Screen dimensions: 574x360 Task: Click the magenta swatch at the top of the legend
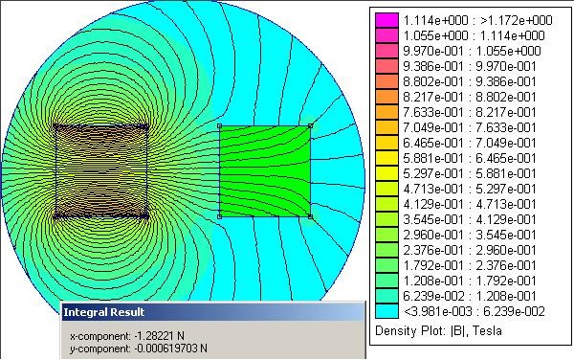coord(386,20)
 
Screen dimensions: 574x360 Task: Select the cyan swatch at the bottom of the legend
coord(386,311)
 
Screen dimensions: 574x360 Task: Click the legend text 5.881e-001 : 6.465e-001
coord(470,158)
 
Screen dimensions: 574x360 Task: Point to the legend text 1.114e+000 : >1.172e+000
coord(477,20)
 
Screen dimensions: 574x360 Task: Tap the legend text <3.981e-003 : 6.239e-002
coord(475,311)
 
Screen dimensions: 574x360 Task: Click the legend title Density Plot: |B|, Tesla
coord(438,330)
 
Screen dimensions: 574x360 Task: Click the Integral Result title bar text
coord(104,312)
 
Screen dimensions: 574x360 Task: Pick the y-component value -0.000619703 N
coord(170,348)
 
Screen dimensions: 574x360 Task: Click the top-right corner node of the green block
coord(310,126)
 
